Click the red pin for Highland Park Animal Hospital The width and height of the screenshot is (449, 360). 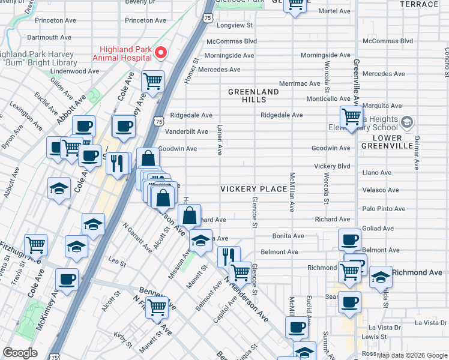[160, 53]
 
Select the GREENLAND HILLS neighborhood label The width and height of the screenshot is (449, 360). [253, 95]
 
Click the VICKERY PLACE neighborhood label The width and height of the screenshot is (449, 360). [253, 189]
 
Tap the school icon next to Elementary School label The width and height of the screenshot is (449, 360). [407, 123]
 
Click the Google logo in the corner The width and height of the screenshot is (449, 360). [20, 353]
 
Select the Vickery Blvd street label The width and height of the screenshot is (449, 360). [332, 166]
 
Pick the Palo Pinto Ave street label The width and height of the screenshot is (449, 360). [381, 209]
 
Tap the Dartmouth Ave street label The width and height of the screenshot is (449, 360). [49, 37]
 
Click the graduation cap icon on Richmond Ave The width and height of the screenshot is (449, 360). [381, 276]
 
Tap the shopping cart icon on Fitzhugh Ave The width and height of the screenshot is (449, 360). [36, 244]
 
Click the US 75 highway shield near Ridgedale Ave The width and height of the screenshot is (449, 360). [158, 121]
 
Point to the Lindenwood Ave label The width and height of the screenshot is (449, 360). [74, 71]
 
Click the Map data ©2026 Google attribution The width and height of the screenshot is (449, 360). [412, 355]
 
